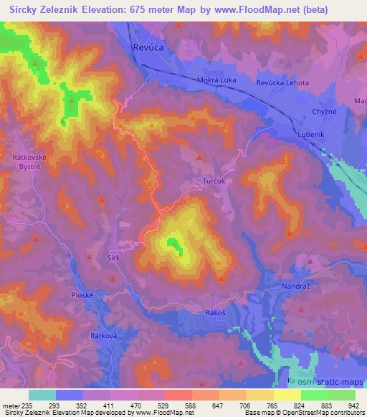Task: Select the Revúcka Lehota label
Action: click(283, 83)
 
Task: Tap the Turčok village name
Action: click(212, 182)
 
